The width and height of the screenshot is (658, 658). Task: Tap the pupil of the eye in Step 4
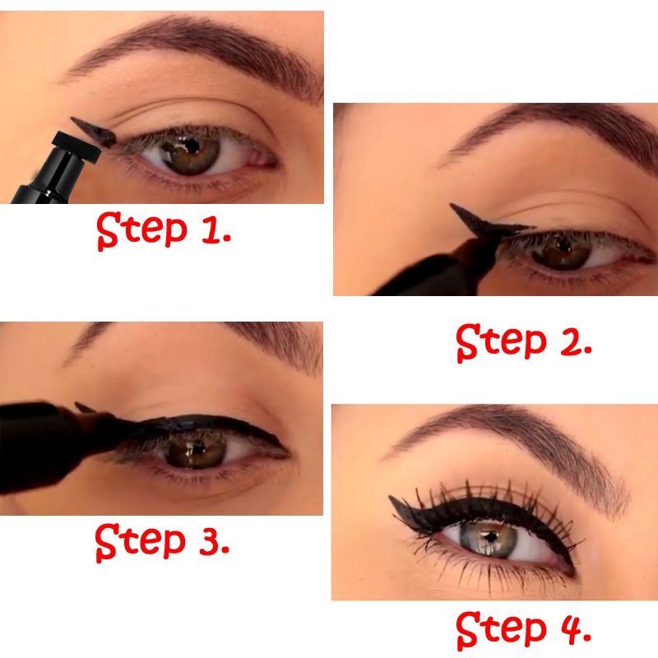pos(489,537)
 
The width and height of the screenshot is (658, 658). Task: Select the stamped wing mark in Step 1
pos(92,130)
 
